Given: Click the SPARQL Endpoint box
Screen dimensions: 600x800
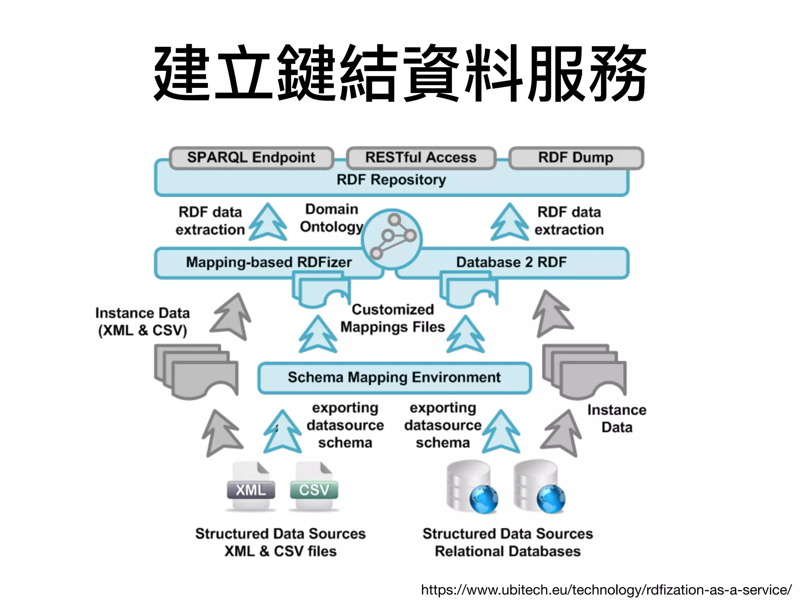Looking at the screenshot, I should click(x=251, y=158).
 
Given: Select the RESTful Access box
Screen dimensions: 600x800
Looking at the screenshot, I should click(x=421, y=158).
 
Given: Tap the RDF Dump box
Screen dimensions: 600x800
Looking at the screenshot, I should click(x=576, y=158).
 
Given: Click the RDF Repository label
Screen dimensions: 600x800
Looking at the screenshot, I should click(x=391, y=180).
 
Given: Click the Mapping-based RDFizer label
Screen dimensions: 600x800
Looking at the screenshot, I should click(x=269, y=262).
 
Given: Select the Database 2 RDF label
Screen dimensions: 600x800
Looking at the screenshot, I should click(x=511, y=262).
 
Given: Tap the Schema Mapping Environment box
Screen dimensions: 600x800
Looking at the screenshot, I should click(x=394, y=378).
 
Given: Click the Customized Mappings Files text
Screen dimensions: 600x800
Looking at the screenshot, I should click(x=393, y=318).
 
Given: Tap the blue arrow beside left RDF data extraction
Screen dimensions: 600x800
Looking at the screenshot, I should click(x=268, y=222).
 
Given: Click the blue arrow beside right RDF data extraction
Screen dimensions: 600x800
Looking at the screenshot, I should click(x=509, y=222).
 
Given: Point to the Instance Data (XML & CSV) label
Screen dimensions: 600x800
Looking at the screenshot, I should click(x=143, y=321).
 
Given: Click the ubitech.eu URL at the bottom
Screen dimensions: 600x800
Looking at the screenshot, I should click(x=606, y=589).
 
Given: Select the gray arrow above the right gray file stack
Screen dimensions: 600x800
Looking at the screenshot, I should click(x=551, y=314).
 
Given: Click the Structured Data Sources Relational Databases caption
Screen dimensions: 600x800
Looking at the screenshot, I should click(x=507, y=542).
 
